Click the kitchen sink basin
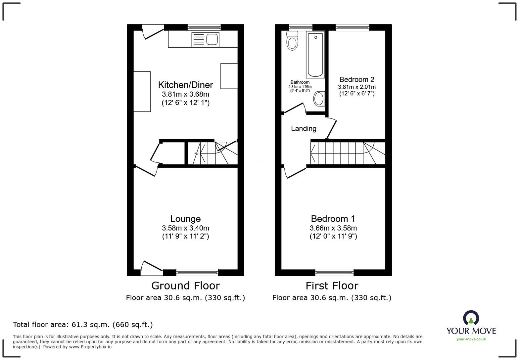point(212,39)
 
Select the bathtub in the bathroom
point(315,55)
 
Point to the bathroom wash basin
point(319,99)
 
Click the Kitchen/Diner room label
point(185,85)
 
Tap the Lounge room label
point(185,218)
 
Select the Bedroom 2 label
point(356,79)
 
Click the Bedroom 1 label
point(333,218)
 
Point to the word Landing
point(304,129)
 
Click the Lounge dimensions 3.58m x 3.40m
point(185,228)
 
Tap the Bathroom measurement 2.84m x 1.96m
point(300,87)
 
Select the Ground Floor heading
point(185,286)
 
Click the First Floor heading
point(332,286)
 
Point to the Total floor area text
point(83,325)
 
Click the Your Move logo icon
point(471,318)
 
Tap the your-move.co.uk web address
point(471,339)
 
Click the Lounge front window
point(197,272)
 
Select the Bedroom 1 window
point(334,272)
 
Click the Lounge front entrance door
point(152,269)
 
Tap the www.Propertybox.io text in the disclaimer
point(90,347)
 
